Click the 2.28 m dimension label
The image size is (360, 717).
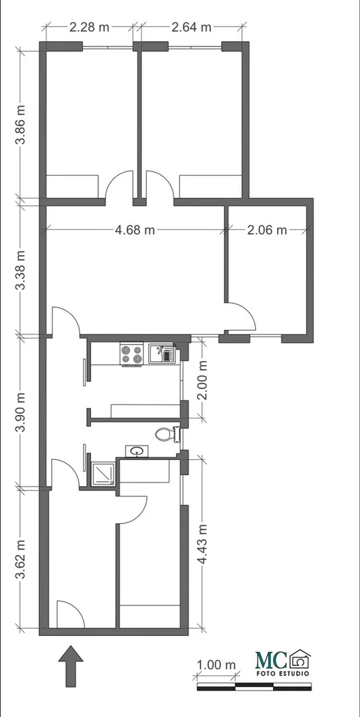[89, 27]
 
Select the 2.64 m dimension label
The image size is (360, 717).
[191, 27]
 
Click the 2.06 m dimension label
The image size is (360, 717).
[267, 230]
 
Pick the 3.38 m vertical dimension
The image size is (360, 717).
[21, 270]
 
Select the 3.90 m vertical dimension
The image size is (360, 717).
[21, 412]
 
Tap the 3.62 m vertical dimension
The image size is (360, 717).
[21, 559]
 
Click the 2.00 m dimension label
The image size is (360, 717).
[202, 380]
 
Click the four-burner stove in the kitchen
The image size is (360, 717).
[132, 355]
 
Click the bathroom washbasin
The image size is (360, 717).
[136, 451]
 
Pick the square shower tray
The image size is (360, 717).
[104, 474]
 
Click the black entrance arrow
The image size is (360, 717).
[71, 666]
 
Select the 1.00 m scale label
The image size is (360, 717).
[216, 665]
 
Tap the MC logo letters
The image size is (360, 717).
[271, 660]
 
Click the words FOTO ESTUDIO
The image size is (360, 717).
[282, 674]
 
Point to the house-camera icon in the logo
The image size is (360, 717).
[300, 659]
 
